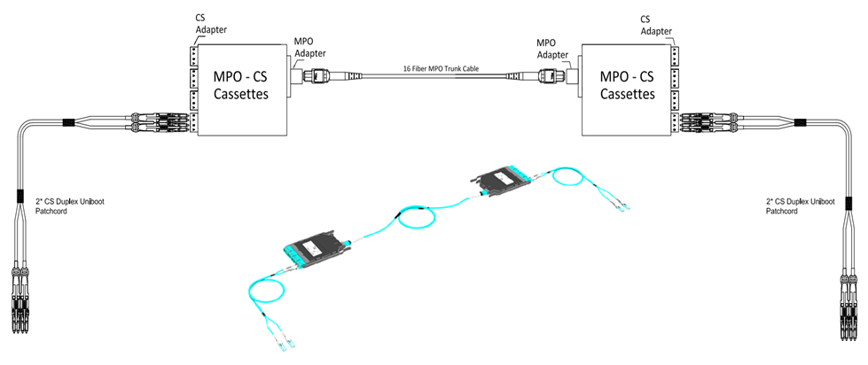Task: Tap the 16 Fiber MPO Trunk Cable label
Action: [x=434, y=68]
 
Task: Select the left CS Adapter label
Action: [x=208, y=23]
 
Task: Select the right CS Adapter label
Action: [x=656, y=23]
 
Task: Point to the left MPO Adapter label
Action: [x=309, y=47]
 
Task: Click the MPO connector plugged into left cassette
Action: [x=314, y=77]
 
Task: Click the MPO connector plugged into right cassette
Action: [x=552, y=77]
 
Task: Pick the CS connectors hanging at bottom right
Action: [x=846, y=301]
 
